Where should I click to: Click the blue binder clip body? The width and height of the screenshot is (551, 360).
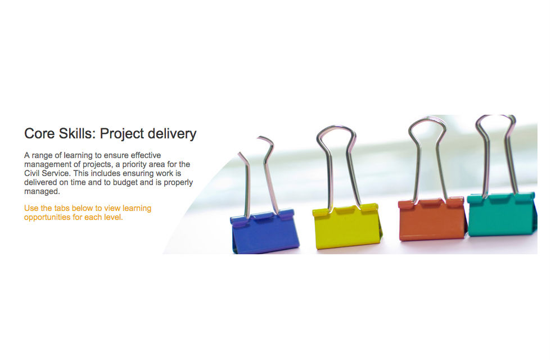[265, 232]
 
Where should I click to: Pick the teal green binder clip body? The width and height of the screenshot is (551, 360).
[502, 214]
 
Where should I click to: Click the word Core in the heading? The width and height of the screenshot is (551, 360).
[40, 134]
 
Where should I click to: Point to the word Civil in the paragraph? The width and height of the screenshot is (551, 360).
[32, 173]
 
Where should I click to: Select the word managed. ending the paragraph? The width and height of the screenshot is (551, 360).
[42, 192]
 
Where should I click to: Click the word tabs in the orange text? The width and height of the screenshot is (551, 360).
[62, 208]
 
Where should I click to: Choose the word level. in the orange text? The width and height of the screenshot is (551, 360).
[114, 217]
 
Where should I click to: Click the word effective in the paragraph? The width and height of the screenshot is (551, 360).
[146, 155]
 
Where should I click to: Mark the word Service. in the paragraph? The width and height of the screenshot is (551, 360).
[57, 173]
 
